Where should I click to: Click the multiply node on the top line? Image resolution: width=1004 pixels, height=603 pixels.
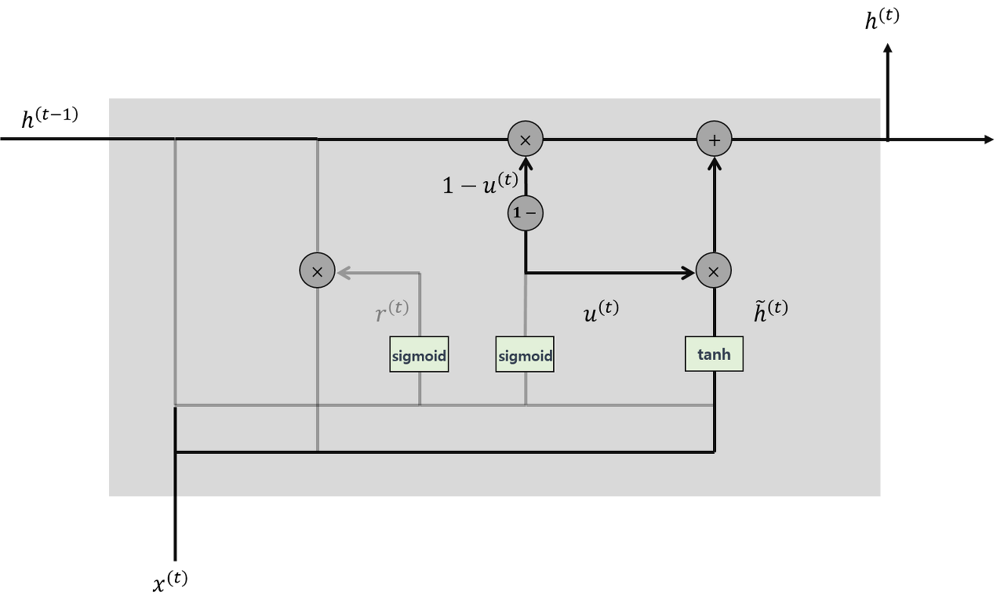(x=526, y=140)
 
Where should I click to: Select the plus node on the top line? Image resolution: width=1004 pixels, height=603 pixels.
(x=714, y=140)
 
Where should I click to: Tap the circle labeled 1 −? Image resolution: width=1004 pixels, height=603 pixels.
(x=526, y=213)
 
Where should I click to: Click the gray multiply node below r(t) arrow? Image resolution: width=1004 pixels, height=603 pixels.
(x=317, y=271)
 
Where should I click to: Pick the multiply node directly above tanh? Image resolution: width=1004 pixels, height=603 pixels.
(x=714, y=271)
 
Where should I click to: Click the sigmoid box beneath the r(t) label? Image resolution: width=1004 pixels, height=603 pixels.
(x=419, y=354)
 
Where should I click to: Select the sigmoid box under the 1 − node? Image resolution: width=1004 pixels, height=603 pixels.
(x=525, y=354)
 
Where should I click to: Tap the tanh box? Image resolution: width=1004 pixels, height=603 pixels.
(x=714, y=354)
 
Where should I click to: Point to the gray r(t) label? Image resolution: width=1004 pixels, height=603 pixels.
(x=392, y=311)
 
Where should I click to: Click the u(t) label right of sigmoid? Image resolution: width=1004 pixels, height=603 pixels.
(x=601, y=311)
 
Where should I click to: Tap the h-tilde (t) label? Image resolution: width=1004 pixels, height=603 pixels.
(x=770, y=311)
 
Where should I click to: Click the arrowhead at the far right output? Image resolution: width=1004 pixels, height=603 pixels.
(x=988, y=140)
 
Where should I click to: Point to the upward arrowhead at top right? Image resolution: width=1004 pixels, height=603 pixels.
(x=887, y=49)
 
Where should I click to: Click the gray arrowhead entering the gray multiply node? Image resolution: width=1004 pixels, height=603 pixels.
(x=344, y=273)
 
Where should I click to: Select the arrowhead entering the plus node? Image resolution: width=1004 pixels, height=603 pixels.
(x=714, y=163)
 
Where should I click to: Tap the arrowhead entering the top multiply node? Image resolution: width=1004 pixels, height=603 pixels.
(x=526, y=163)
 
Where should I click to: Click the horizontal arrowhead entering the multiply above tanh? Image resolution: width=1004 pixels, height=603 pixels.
(x=689, y=273)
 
